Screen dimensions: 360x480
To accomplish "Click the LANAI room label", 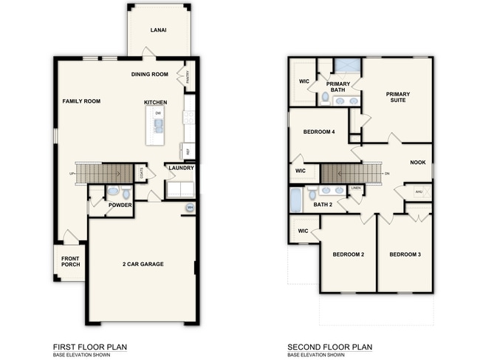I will coord(157,30).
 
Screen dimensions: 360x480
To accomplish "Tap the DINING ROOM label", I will coord(150,74).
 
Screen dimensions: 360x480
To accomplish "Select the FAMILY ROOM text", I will coord(81,101).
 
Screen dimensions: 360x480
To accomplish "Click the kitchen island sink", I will coord(158,126).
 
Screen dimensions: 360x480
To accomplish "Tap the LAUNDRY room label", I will coord(181,168).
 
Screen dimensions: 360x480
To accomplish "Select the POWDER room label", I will coord(120,205).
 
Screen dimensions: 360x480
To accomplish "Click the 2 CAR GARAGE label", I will coord(143,264).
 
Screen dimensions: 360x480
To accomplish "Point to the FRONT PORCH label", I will coord(71,262).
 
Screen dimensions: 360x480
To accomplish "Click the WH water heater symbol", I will coord(190,207).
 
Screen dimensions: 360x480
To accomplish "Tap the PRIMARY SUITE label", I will coord(398,98).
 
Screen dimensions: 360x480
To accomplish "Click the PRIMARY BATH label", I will coord(337,87).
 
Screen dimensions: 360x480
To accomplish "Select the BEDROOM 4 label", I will coord(319,132).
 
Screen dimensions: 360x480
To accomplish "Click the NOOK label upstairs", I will coord(418,163).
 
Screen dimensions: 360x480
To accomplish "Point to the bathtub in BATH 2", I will coord(296,199).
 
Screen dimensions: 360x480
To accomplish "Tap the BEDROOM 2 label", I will coord(348,254).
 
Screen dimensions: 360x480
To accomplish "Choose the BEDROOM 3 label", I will coord(405,254).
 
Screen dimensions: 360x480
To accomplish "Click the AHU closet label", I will coord(419,191).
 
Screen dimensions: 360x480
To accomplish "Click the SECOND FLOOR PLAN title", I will coord(329,347).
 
